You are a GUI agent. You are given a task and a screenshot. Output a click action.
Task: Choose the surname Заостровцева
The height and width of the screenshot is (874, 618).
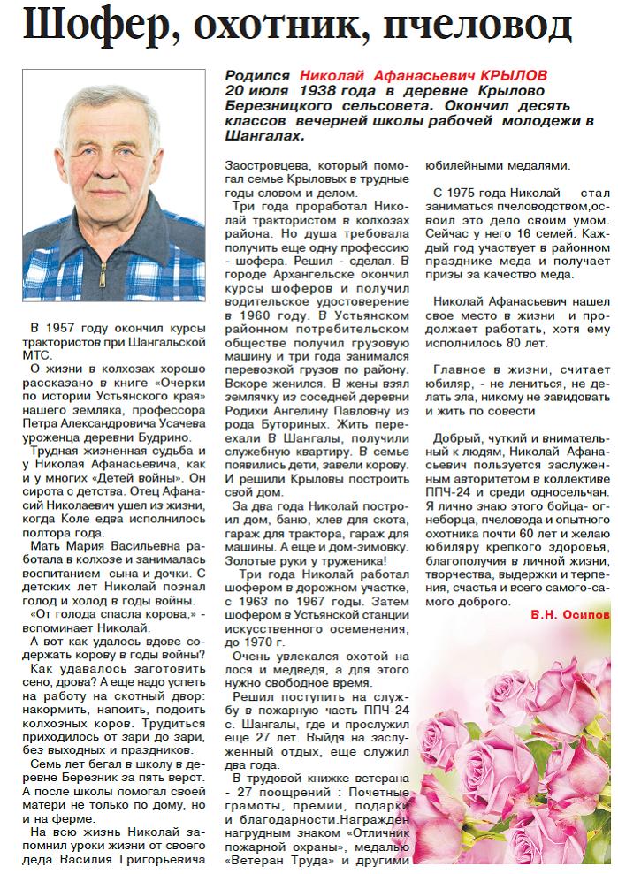[x=261, y=166]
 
